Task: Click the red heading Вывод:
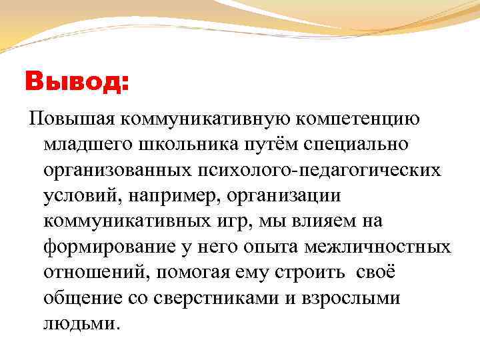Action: pos(77,83)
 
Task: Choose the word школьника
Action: pos(183,145)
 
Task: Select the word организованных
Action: pos(117,170)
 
